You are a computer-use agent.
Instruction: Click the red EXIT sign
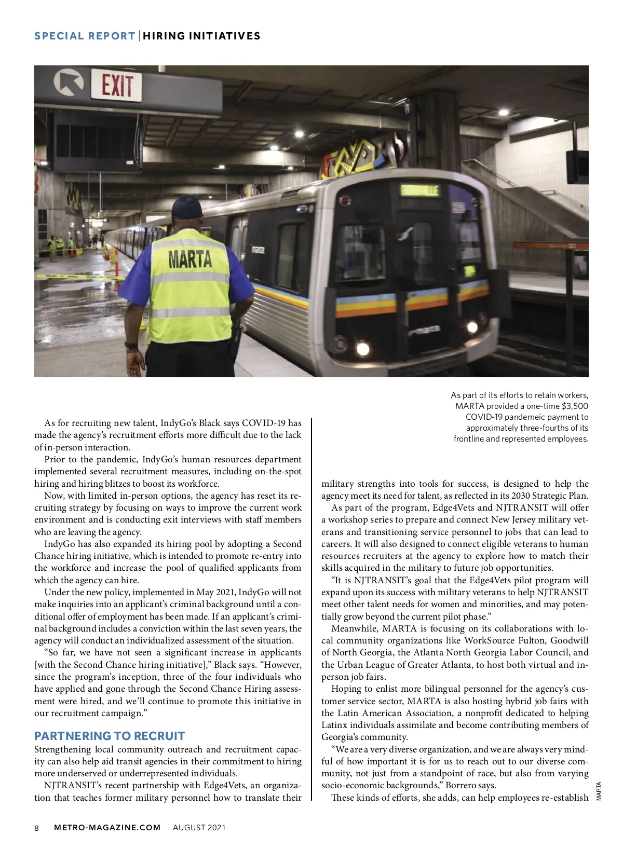click(x=117, y=86)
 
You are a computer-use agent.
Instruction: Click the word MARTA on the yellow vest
click(x=189, y=259)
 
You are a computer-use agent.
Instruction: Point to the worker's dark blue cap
click(x=186, y=208)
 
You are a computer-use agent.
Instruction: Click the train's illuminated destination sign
click(x=419, y=190)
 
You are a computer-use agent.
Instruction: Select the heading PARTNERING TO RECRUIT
click(x=110, y=736)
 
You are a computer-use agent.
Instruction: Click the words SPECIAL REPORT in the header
click(x=85, y=36)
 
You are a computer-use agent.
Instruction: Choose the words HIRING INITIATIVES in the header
click(x=202, y=36)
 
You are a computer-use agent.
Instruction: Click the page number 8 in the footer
click(x=37, y=828)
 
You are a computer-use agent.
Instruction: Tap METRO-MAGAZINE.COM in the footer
click(x=107, y=828)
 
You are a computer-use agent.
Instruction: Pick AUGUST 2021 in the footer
click(x=199, y=828)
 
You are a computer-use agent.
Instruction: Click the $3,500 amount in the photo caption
click(x=575, y=406)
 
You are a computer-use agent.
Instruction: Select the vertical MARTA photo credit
click(x=598, y=791)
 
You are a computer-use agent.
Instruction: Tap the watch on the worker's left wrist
click(x=131, y=345)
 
